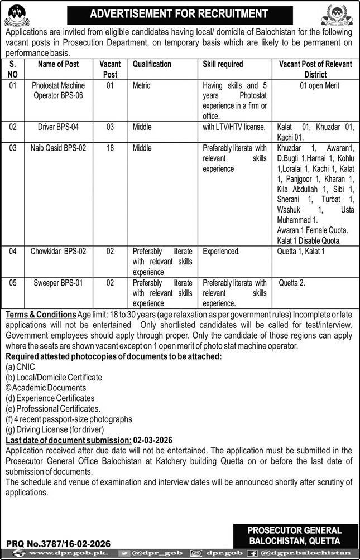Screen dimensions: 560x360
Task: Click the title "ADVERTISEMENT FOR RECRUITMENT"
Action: point(180,12)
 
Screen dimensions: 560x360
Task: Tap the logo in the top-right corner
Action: point(337,14)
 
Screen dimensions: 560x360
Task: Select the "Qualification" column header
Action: point(152,64)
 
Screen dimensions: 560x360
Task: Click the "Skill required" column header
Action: point(223,64)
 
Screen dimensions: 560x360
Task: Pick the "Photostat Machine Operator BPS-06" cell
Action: point(59,90)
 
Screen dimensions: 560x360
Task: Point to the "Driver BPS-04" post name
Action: point(59,127)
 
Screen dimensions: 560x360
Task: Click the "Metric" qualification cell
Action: point(142,86)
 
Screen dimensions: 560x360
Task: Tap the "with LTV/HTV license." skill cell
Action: point(234,127)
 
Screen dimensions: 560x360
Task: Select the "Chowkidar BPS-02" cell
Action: point(59,252)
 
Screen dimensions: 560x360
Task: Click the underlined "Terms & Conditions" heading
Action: point(41,315)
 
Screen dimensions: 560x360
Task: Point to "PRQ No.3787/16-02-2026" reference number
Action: point(59,543)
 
